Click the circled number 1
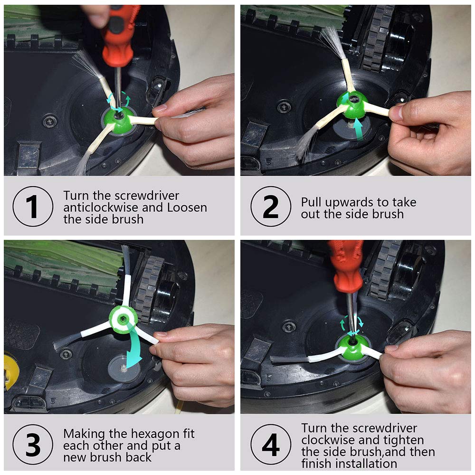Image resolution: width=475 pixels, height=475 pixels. [33, 206]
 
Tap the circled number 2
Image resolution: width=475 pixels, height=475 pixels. [271, 206]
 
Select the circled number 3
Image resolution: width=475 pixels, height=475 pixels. [33, 445]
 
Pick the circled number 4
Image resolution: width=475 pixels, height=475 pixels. [271, 445]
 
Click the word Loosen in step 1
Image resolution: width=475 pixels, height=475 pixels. [187, 208]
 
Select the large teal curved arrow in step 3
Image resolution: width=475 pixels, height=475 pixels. [133, 345]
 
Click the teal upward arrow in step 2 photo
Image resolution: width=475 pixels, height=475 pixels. [359, 128]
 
